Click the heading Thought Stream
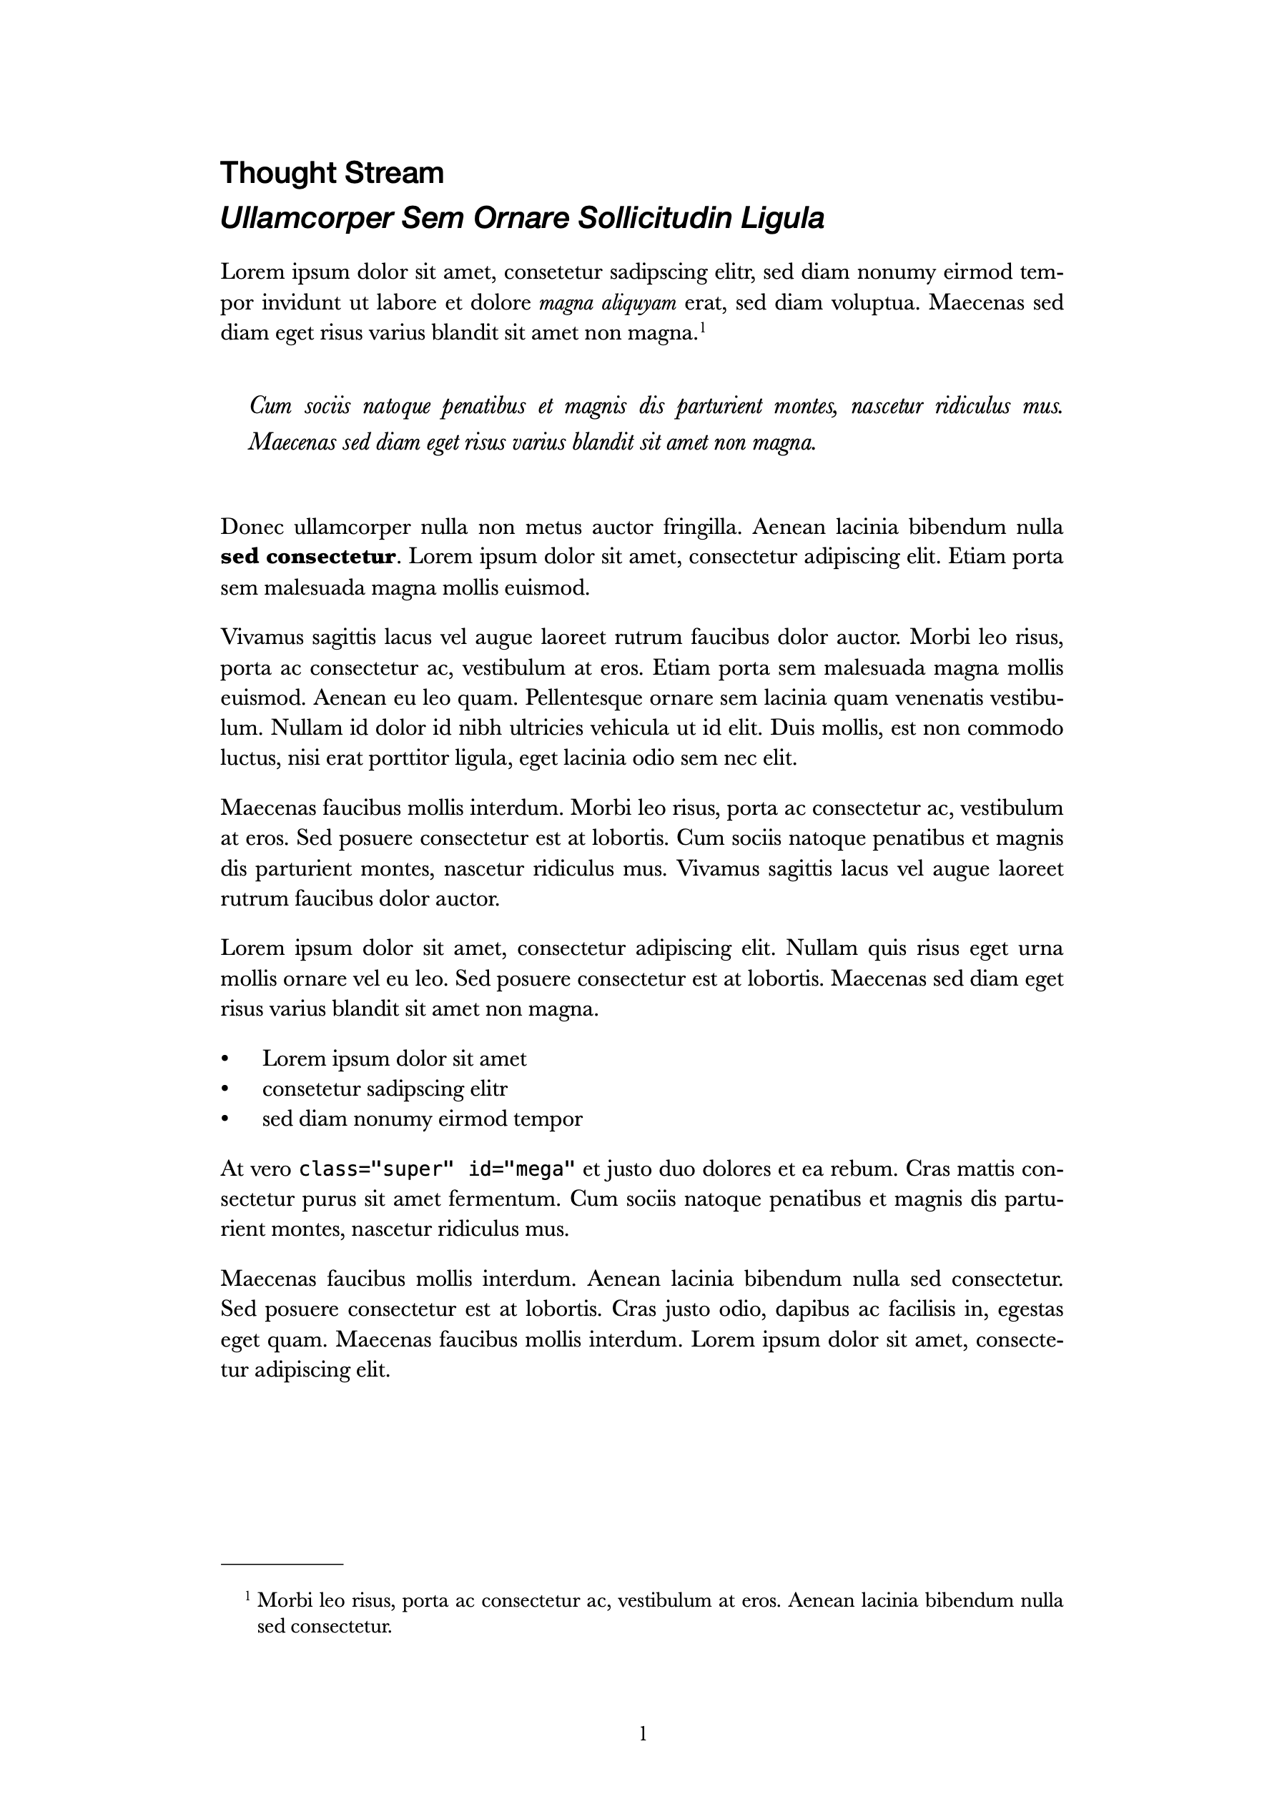(x=332, y=173)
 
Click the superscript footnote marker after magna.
(x=702, y=326)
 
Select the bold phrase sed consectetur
(x=307, y=557)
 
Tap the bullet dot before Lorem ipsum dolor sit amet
(x=225, y=1059)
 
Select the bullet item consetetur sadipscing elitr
(x=385, y=1089)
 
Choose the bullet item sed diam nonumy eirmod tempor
(x=422, y=1119)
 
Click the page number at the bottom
(x=643, y=1734)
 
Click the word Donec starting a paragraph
(x=252, y=527)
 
